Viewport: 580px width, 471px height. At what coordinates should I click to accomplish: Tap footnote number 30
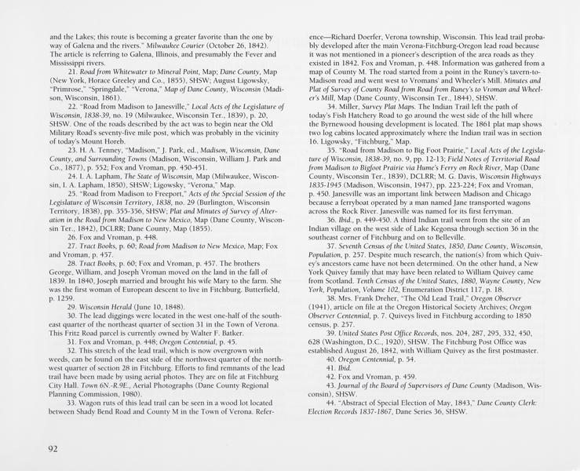pyautogui.click(x=72, y=315)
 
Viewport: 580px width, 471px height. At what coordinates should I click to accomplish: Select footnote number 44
pyautogui.click(x=330, y=402)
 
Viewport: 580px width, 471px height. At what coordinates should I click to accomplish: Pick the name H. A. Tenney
pyautogui.click(x=102, y=149)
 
